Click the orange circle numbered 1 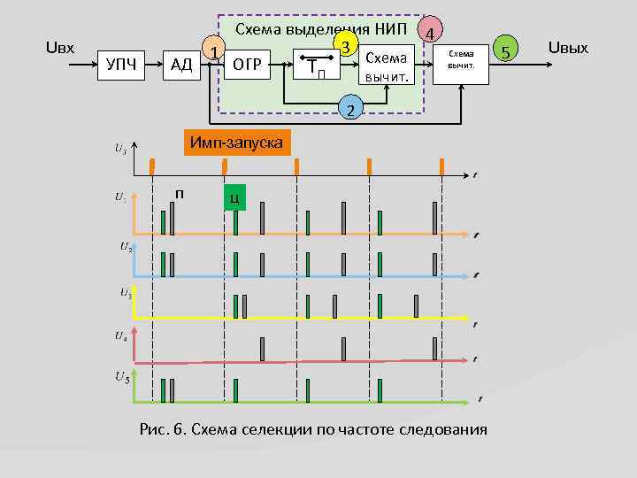click(x=213, y=50)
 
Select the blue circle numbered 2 click(x=350, y=111)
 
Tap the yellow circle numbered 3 click(x=348, y=44)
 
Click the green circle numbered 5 click(x=507, y=50)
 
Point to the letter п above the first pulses click(x=180, y=193)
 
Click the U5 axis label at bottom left click(x=123, y=378)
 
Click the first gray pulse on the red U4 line click(x=263, y=350)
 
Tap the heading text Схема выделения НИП click(x=326, y=29)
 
